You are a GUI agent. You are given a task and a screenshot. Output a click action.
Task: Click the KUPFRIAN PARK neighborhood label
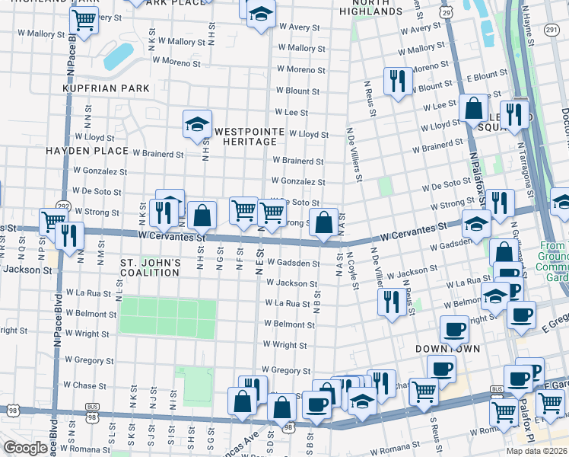click(106, 89)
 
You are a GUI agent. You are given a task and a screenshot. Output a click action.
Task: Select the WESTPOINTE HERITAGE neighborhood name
click(245, 137)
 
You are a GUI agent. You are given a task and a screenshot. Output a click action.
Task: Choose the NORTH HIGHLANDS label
click(370, 8)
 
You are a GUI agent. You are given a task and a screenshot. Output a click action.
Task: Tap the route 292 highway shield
click(62, 206)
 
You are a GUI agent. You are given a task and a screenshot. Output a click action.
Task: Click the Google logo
click(25, 448)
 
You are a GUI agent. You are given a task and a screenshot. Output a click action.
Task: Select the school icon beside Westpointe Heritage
click(197, 124)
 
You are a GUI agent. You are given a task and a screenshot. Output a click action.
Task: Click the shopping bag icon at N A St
click(324, 223)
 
